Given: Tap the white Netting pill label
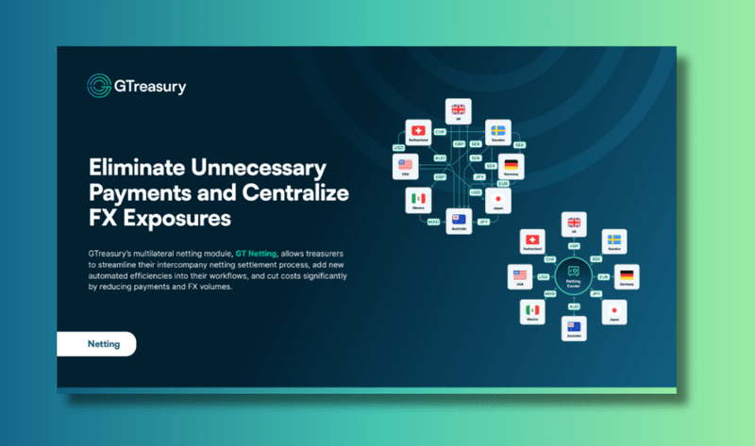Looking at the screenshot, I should [96, 344].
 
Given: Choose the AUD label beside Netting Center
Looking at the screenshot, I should [572, 307].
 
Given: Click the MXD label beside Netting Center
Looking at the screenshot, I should [549, 295].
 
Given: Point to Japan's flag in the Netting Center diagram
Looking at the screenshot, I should [614, 309].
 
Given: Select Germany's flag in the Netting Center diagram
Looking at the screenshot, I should [626, 274].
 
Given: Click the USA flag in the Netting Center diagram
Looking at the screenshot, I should [519, 275].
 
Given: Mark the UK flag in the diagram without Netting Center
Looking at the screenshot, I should [459, 109].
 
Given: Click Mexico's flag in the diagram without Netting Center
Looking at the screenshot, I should [418, 198].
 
